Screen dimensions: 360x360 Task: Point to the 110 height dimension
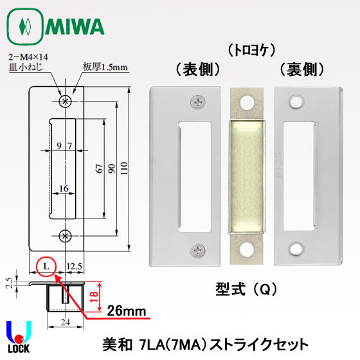pos(125,168)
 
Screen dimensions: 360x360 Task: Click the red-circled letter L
pos(46,265)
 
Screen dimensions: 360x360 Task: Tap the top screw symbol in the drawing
pos(64,102)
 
